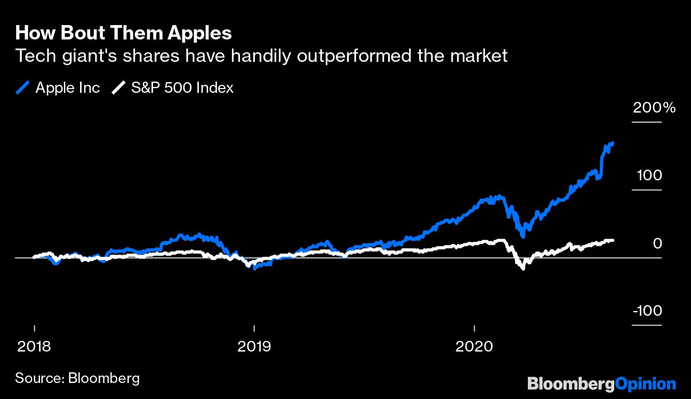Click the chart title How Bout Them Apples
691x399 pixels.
[123, 33]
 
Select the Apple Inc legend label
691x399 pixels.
[67, 87]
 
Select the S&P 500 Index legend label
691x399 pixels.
[182, 87]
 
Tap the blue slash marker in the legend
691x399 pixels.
[23, 87]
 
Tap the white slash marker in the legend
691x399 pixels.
[118, 87]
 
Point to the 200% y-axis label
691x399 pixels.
[654, 108]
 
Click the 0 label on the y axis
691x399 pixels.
[657, 243]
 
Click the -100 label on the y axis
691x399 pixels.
[647, 311]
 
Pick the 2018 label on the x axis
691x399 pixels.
[34, 346]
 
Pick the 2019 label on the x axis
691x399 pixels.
[254, 346]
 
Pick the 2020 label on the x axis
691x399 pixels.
[474, 346]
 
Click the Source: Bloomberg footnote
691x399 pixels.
[77, 378]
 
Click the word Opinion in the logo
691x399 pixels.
[645, 384]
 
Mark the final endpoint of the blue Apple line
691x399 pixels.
[613, 143]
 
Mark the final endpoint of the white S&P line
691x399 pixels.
[613, 241]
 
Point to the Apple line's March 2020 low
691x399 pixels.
[523, 235]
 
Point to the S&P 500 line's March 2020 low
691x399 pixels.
[523, 268]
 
